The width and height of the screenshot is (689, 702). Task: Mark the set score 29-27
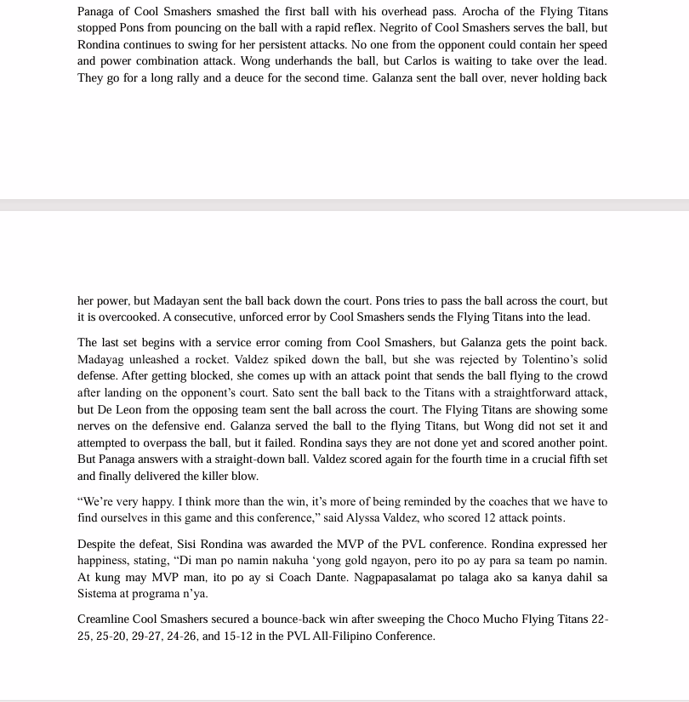[182, 636]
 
